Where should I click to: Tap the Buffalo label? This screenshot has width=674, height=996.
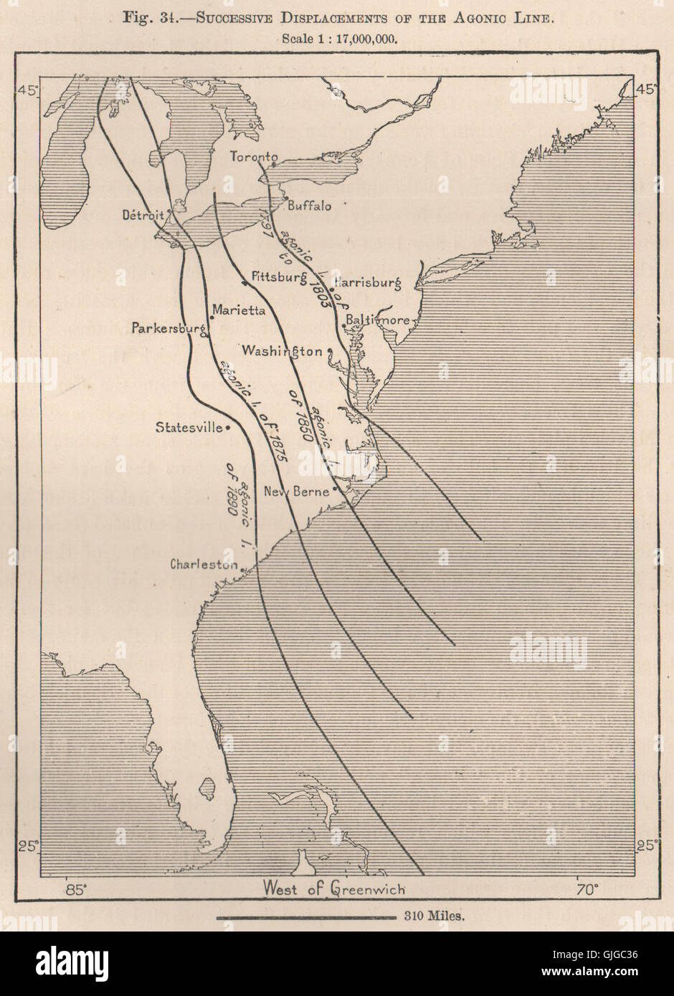click(309, 206)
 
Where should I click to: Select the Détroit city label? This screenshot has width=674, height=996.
click(143, 214)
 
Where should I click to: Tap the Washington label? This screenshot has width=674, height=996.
click(282, 351)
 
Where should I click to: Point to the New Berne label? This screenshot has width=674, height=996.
click(296, 492)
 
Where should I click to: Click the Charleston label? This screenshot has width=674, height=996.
click(204, 565)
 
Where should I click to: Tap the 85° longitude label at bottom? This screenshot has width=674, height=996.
click(75, 890)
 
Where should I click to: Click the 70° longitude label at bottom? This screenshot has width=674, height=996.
click(587, 890)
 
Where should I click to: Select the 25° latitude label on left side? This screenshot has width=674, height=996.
click(29, 846)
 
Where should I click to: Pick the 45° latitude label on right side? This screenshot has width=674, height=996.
click(645, 90)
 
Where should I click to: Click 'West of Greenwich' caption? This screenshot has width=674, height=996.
click(334, 889)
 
